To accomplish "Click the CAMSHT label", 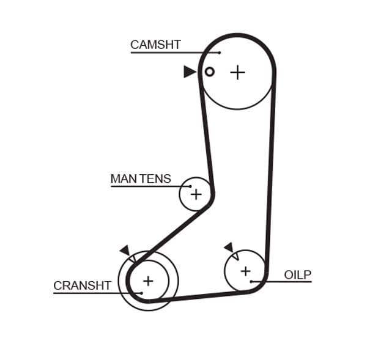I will click(155, 45).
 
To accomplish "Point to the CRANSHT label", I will click(82, 285).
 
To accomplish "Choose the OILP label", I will click(297, 274).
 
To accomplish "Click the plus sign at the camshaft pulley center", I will click(237, 72).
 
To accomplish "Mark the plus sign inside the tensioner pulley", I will click(196, 194).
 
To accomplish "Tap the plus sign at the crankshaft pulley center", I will click(147, 281).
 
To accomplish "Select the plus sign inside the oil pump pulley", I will click(245, 270).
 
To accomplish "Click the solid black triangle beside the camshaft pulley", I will click(190, 72).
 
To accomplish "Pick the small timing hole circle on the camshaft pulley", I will click(209, 72).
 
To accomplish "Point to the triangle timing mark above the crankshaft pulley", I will click(125, 250).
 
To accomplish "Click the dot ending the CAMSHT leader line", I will click(220, 53).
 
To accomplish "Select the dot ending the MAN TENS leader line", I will click(190, 186).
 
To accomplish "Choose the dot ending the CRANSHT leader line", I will click(141, 293).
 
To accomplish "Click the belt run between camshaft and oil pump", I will click(270, 171).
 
